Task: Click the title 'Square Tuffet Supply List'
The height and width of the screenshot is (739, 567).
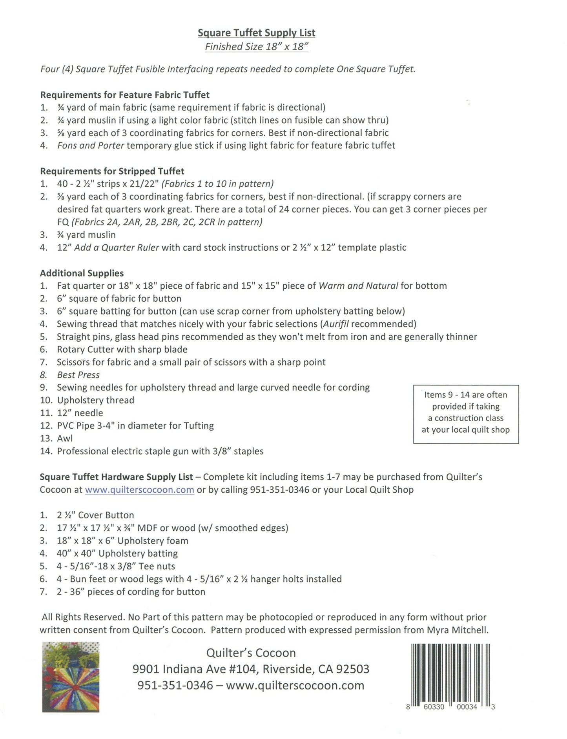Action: pos(256,33)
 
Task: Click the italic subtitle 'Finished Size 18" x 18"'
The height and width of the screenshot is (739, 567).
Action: pos(256,47)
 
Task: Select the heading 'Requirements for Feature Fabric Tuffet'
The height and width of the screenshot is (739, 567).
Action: pos(125,95)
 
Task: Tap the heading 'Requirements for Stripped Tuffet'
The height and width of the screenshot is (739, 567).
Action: pos(112,171)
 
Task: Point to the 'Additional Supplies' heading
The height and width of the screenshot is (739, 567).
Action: pos(82,273)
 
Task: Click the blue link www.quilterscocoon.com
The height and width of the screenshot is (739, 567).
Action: pos(139,490)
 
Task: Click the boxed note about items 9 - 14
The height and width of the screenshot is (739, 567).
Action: pos(466,414)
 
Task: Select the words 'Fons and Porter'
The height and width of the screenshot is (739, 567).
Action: pos(91,146)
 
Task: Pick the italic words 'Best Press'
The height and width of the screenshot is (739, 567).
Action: pos(78,375)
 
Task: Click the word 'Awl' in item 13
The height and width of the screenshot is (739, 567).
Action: pos(65,439)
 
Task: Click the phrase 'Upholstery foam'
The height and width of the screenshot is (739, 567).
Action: pos(153,541)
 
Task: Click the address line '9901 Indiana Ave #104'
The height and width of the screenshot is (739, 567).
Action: pos(195,669)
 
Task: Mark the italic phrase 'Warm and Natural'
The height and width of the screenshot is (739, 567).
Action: pos(358,286)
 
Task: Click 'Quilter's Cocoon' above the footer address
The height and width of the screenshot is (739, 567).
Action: pos(251,653)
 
